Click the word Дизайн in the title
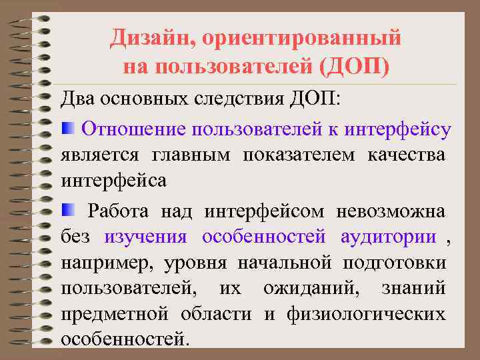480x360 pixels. pyautogui.click(x=145, y=38)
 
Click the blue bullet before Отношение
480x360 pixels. pyautogui.click(x=68, y=128)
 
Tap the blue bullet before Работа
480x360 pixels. pyautogui.click(x=68, y=211)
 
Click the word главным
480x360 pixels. pyautogui.click(x=191, y=155)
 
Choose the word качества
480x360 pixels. pyautogui.click(x=406, y=155)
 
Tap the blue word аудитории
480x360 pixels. pyautogui.click(x=388, y=237)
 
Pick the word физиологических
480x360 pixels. pyautogui.click(x=366, y=314)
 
